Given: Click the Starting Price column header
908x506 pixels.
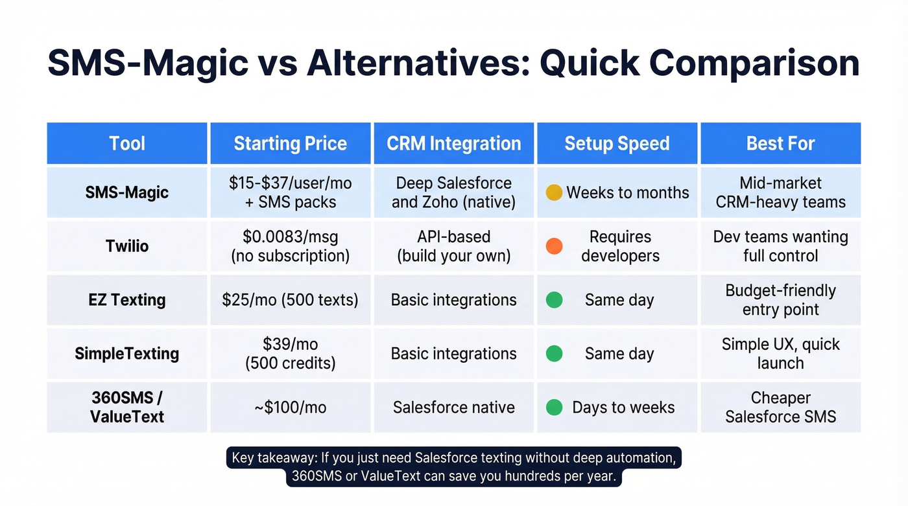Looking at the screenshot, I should tap(290, 143).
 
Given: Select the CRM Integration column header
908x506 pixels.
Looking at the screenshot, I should tap(453, 143).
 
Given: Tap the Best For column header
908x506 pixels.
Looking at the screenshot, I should tap(780, 143).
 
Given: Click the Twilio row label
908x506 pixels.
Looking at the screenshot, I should tap(127, 246).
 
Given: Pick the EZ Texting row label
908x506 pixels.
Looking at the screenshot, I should tap(127, 300).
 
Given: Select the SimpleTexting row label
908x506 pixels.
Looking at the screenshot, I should tap(127, 354).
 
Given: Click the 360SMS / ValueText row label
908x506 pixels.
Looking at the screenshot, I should tap(127, 407).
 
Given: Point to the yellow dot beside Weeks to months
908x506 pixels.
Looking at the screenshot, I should tap(554, 192).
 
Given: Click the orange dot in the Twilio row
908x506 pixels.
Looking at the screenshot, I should tap(554, 246).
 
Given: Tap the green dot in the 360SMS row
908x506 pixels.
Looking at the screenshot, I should tap(554, 408).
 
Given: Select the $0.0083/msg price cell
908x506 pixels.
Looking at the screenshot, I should tap(290, 246).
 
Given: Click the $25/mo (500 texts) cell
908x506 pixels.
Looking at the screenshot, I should tap(290, 300).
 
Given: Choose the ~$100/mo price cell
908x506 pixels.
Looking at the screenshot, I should tap(290, 408).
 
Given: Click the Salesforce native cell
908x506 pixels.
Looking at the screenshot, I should tap(453, 408).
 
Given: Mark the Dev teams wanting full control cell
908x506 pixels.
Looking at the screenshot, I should tap(780, 246).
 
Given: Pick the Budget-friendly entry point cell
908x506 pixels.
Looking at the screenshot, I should tap(780, 300).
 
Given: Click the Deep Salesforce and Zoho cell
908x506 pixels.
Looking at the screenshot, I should tap(453, 192).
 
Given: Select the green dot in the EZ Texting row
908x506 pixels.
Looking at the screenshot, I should tap(554, 300).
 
